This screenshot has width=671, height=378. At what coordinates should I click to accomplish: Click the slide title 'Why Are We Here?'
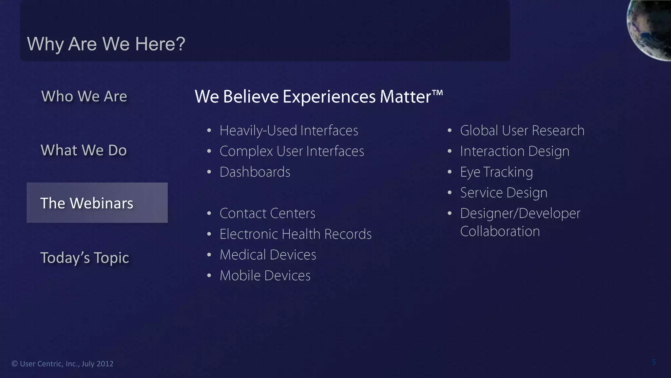pos(106,44)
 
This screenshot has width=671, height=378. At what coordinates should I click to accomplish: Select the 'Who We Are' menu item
pos(84,96)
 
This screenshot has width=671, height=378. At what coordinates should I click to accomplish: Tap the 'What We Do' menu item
pos(84,150)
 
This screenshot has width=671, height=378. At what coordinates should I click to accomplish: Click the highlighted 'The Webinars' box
pos(97,203)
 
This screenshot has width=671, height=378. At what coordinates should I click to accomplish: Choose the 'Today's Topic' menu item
pos(85,258)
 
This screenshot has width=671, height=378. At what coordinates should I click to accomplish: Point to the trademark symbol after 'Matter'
pos(437,93)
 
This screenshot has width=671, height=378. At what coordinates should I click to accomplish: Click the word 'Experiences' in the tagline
pos(329,97)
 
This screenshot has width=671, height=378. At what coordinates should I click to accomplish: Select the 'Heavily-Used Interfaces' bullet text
pos(289,131)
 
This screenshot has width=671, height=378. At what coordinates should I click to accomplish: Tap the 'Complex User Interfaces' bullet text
pos(292,151)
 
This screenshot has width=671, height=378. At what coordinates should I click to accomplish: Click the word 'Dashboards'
pos(255,172)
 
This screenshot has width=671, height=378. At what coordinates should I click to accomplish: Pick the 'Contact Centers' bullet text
pos(267,213)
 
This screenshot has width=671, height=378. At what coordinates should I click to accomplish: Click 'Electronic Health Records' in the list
pos(296,234)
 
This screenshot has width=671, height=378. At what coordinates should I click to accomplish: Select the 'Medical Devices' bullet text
pos(268,255)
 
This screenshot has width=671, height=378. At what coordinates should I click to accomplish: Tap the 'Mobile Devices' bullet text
pos(265,276)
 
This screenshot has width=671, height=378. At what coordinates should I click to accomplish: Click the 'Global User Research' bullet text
pos(522,131)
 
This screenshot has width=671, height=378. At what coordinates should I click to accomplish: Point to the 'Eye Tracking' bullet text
pos(496,172)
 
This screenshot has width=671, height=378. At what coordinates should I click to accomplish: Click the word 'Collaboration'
pos(500,231)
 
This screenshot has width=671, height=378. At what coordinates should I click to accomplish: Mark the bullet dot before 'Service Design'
pos(450,193)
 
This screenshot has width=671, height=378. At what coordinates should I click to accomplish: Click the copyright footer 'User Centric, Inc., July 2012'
pos(67,364)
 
